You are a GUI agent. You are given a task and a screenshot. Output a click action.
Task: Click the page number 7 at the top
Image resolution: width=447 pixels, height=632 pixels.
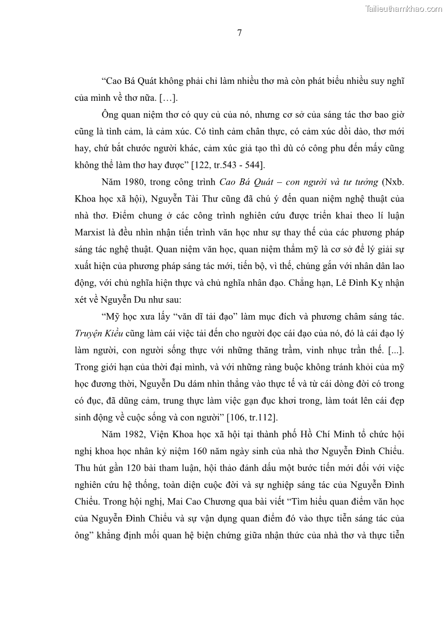(239, 33)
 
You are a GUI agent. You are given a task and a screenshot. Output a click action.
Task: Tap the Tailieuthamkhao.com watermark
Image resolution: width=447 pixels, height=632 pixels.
(404, 8)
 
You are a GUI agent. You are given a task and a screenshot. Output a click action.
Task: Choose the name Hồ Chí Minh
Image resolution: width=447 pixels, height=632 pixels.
(326, 435)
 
